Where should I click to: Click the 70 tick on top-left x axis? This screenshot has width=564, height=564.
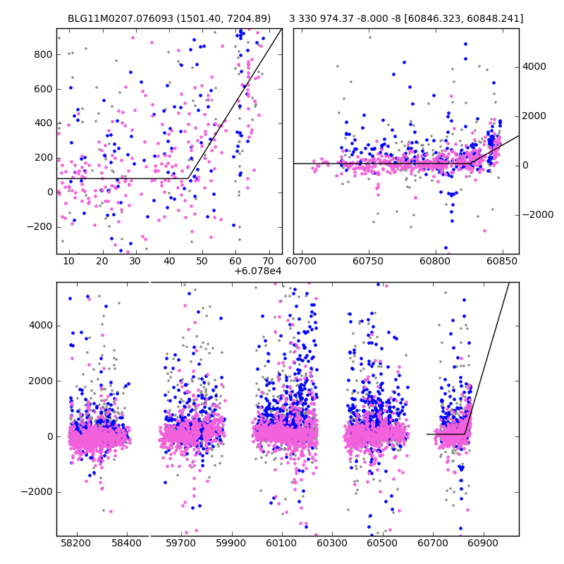pyautogui.click(x=269, y=261)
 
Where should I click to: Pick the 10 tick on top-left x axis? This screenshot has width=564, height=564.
pyautogui.click(x=68, y=261)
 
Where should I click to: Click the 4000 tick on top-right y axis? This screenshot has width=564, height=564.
pyautogui.click(x=534, y=67)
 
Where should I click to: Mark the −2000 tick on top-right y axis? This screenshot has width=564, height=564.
pyautogui.click(x=537, y=214)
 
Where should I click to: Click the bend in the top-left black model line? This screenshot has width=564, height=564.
pyautogui.click(x=188, y=178)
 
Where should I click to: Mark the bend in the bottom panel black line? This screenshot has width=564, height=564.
pyautogui.click(x=465, y=434)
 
